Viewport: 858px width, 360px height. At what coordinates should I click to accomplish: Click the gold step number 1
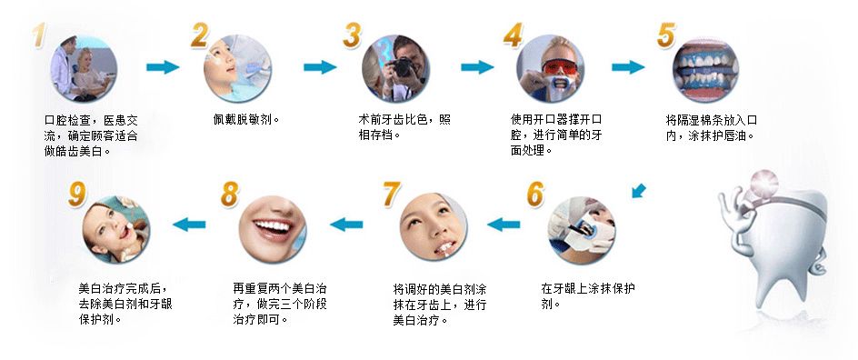coord(38,35)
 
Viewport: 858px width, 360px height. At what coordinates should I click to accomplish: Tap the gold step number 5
coord(666,35)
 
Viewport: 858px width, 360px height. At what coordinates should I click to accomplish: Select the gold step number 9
coord(77,195)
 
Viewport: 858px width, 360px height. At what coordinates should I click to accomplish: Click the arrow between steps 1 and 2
coord(163,67)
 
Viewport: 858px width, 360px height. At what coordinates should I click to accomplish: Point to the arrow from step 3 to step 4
coord(477,67)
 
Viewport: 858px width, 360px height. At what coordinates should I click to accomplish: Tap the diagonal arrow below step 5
coord(639,191)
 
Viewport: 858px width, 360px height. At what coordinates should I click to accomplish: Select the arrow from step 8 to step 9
coord(189,225)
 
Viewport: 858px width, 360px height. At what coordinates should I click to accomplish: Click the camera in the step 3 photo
coord(402,66)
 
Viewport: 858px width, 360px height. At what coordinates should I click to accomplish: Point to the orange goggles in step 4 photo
coord(559,67)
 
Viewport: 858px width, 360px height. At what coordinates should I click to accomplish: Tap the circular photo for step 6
coord(581,230)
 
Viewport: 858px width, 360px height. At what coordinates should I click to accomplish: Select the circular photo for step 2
coord(237,68)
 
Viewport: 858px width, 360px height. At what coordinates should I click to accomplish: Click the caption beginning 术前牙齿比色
coord(404,126)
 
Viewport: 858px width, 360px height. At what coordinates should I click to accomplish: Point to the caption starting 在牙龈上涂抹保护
coord(588,295)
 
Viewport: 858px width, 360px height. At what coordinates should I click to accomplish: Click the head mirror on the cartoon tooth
coord(763,184)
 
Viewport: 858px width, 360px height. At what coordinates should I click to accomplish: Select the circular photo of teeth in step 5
coord(705,68)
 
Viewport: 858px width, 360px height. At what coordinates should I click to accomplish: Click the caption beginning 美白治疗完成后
coord(125,304)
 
